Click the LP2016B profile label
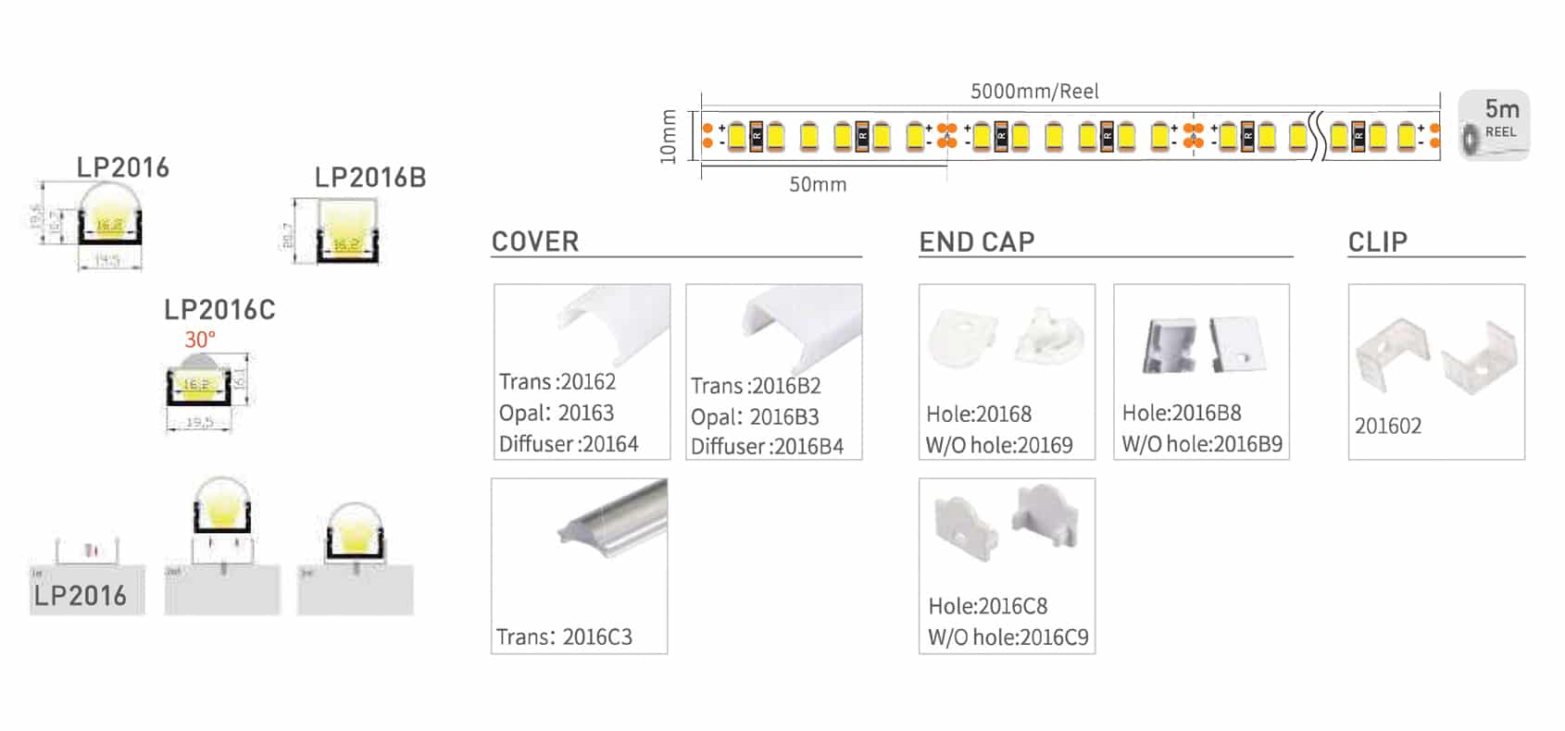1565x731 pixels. pyautogui.click(x=370, y=178)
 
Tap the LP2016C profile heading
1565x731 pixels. pyautogui.click(x=219, y=310)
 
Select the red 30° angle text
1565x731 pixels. pyautogui.click(x=200, y=340)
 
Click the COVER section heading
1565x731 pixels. pyautogui.click(x=535, y=242)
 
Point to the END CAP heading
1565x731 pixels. pyautogui.click(x=977, y=242)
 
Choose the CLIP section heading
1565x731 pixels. pyautogui.click(x=1378, y=242)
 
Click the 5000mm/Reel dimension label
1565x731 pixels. pyautogui.click(x=1034, y=92)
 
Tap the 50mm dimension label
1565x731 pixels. pyautogui.click(x=818, y=185)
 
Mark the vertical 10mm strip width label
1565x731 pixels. pyautogui.click(x=669, y=137)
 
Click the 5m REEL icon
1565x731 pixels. pyautogui.click(x=1495, y=126)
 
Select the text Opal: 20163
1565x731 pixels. pyautogui.click(x=557, y=413)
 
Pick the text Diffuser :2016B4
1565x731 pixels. pyautogui.click(x=767, y=447)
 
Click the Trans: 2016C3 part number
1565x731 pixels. pyautogui.click(x=564, y=637)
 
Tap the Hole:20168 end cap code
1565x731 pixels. pyautogui.click(x=979, y=414)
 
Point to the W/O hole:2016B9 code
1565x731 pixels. pyautogui.click(x=1202, y=444)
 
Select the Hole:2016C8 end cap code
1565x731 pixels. pyautogui.click(x=988, y=606)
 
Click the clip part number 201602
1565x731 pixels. pyautogui.click(x=1387, y=427)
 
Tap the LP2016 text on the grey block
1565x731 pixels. pyautogui.click(x=81, y=596)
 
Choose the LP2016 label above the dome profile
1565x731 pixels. pyautogui.click(x=123, y=167)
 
